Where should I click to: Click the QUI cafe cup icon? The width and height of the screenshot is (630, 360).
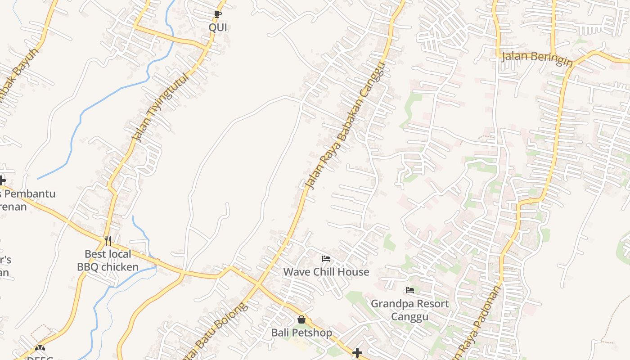pos(218,14)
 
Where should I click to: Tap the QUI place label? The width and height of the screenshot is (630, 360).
pos(218,27)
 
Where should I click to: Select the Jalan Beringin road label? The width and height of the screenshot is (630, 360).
pos(536,58)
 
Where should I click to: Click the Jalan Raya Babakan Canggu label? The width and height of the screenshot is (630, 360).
pos(345,126)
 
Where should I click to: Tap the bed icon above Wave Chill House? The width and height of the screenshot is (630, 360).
pos(326,259)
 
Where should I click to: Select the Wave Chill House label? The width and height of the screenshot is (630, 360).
pos(326,272)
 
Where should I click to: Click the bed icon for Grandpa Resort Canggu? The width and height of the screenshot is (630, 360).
pos(409,290)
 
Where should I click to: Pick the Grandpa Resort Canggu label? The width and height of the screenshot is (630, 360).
pos(409,310)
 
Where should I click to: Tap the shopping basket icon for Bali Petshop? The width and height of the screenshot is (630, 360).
pos(301,319)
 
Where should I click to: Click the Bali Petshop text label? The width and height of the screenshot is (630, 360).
pos(301,333)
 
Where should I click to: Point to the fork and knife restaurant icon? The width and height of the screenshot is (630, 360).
pos(108,241)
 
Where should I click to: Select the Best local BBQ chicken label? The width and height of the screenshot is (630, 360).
pos(108,261)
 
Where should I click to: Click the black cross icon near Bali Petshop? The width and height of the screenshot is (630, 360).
pos(357,353)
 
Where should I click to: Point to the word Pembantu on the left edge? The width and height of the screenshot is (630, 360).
pos(30,194)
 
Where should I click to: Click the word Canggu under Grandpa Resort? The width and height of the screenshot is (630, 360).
pos(409,316)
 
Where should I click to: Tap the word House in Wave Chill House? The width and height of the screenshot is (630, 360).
pos(353,272)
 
